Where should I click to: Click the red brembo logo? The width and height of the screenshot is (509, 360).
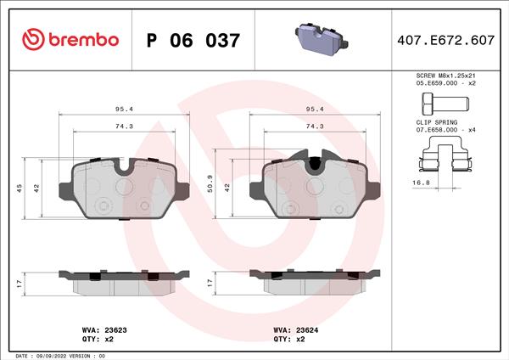click(x=70, y=40)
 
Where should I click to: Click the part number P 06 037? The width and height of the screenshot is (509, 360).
click(x=193, y=41)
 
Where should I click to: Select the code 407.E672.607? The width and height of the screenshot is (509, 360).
click(x=445, y=40)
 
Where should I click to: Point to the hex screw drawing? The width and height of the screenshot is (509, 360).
click(x=445, y=104)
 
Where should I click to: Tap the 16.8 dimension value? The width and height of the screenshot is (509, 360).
click(x=421, y=183)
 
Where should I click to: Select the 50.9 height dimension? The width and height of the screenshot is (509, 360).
click(x=210, y=184)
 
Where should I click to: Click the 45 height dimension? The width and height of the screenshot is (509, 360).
click(x=20, y=188)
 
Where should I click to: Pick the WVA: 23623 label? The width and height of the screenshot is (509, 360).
click(x=104, y=330)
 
